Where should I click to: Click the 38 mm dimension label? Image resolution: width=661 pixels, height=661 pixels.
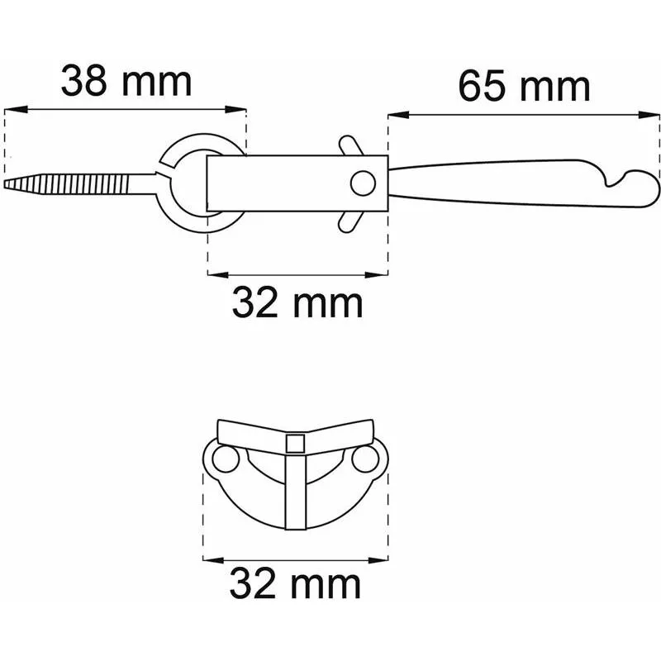pos(126,81)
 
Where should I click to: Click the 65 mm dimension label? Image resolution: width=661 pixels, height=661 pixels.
pos(524,87)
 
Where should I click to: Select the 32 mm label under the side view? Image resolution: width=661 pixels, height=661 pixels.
pos(297,302)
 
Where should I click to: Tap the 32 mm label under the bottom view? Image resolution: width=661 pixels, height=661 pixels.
pos(295,584)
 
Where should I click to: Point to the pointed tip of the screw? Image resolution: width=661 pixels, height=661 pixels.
pos(6,183)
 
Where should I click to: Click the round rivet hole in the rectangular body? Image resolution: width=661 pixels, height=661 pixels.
pos(363,183)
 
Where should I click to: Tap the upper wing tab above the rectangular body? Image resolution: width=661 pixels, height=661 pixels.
pos(350,145)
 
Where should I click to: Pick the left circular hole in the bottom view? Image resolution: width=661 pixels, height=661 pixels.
pos(226,459)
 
